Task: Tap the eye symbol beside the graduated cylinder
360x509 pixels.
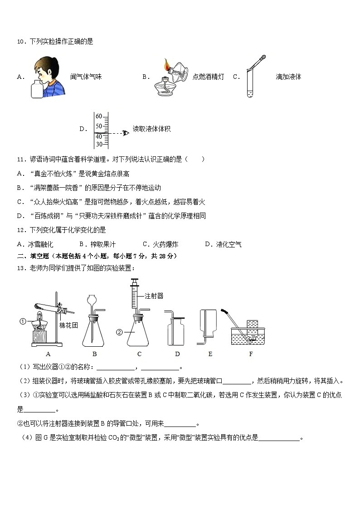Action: tap(126, 133)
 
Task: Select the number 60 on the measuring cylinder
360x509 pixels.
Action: tap(99, 116)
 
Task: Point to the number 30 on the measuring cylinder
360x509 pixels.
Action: tap(99, 144)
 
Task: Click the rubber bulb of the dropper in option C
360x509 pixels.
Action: tap(262, 58)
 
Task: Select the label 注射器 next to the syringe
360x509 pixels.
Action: tap(154, 296)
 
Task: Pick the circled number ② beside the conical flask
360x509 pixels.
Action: tap(119, 332)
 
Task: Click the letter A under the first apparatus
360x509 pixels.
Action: tap(48, 354)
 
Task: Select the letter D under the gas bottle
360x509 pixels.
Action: tap(177, 354)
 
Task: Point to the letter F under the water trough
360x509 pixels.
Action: tap(251, 354)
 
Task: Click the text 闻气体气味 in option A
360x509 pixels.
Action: tap(86, 77)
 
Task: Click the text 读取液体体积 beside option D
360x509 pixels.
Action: tap(151, 129)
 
